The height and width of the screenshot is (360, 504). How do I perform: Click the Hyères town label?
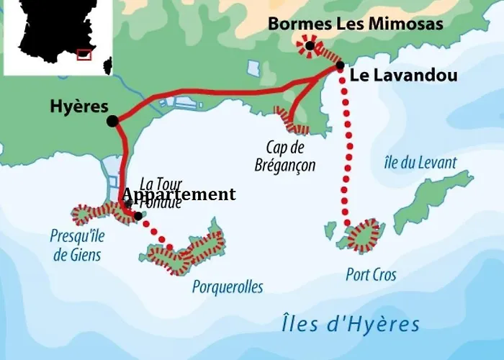pos(78,105)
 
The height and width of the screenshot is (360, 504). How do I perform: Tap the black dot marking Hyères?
pos(112,122)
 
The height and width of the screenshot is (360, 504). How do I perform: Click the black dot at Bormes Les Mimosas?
pos(310,46)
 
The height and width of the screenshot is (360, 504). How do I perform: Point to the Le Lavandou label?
pos(394,75)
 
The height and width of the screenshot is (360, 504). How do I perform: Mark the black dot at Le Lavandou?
pos(340,66)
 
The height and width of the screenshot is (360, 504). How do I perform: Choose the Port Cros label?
pos(371,274)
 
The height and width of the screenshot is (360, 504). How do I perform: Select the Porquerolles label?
pos(228,287)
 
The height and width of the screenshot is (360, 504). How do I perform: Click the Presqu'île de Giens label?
pos(76,245)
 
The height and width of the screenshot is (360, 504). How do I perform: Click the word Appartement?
pos(179,194)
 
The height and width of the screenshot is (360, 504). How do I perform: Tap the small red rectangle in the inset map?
pos(84,54)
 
